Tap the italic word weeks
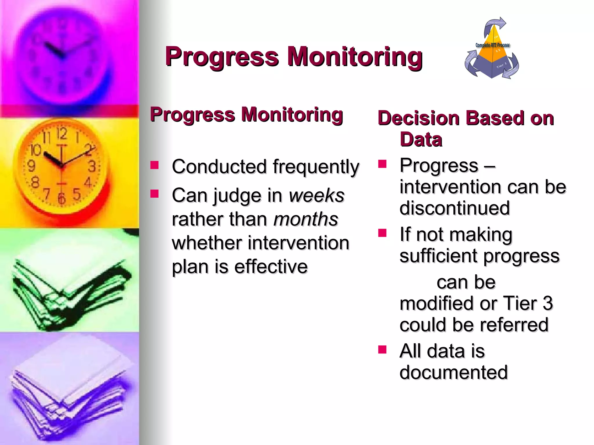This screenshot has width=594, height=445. pyautogui.click(x=316, y=195)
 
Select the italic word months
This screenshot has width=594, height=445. pyautogui.click(x=306, y=219)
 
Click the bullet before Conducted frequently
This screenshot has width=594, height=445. pyautogui.click(x=155, y=165)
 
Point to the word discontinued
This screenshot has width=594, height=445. pyautogui.click(x=454, y=208)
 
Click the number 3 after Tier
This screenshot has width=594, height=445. pyautogui.click(x=548, y=303)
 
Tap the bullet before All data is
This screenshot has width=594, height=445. pyautogui.click(x=382, y=350)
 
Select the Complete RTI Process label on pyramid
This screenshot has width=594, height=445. pyautogui.click(x=492, y=45)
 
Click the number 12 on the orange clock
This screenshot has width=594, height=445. pyautogui.click(x=61, y=134)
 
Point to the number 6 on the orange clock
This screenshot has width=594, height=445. pyautogui.click(x=61, y=198)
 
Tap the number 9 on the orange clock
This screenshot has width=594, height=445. pyautogui.click(x=31, y=166)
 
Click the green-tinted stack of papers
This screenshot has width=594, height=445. pyautogui.click(x=70, y=290)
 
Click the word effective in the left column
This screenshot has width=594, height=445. pyautogui.click(x=271, y=267)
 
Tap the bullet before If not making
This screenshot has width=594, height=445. pyautogui.click(x=382, y=233)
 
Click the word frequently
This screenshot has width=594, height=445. pyautogui.click(x=316, y=167)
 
